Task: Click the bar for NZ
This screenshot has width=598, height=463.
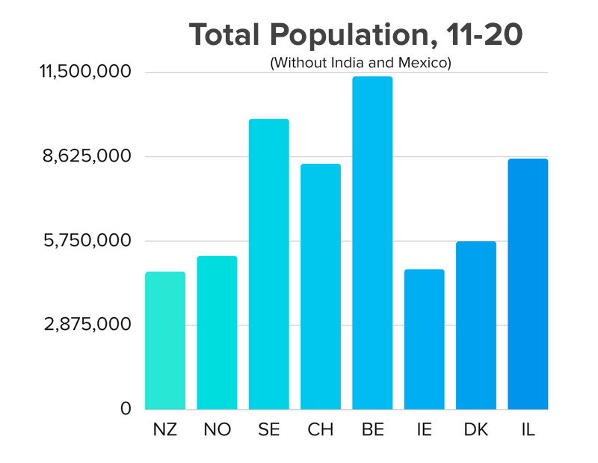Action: click(165, 340)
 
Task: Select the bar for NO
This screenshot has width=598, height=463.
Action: click(217, 333)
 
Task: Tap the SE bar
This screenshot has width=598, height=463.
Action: click(268, 264)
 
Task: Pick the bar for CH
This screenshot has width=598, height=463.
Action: click(321, 286)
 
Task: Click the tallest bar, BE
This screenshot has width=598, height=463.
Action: click(372, 243)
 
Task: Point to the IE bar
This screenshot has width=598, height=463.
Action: click(424, 340)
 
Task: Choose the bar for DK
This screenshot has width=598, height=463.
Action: click(476, 325)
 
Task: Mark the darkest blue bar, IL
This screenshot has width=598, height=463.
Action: click(528, 284)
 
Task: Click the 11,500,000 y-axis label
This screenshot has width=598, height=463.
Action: click(85, 72)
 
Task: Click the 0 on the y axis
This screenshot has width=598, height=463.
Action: click(126, 409)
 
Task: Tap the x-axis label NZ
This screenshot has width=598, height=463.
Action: click(165, 432)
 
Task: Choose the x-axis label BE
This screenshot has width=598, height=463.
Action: click(372, 432)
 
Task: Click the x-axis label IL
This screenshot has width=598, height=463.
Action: click(528, 432)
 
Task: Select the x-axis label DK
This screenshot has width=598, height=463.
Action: click(476, 432)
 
